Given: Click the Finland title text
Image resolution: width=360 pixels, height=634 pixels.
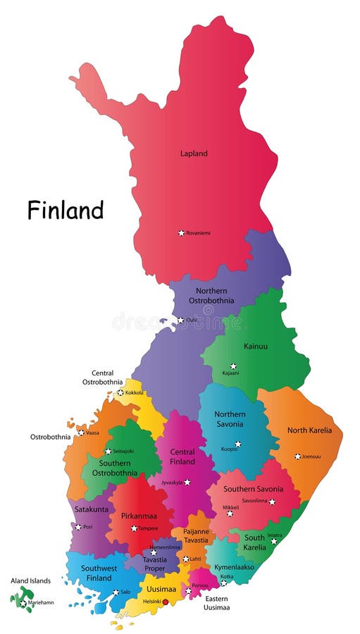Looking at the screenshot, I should coord(66,210).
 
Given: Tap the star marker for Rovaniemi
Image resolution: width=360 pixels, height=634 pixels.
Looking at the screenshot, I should coord(181,232).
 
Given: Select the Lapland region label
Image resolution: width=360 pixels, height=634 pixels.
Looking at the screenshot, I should coord(194,153).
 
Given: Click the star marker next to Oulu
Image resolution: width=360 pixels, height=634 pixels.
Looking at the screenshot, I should coord(180,320).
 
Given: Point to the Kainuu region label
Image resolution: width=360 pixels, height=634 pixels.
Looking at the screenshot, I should coord(255,347).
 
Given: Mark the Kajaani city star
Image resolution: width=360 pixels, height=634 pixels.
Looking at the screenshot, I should coord(234,366).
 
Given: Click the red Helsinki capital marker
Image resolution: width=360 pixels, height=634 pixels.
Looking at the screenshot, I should coord(166,602).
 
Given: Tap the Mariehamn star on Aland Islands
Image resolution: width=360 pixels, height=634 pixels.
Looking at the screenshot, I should coord(23,603).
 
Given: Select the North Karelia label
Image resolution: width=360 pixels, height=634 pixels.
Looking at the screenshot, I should coord(309,430).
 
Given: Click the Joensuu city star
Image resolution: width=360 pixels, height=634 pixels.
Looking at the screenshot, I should coord(297,456).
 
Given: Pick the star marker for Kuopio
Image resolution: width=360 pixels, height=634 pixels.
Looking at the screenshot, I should coord(238,444).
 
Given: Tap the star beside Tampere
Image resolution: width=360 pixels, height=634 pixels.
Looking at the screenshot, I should coord(134,528).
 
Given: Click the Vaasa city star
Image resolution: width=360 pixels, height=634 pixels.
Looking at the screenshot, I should coord(81,433).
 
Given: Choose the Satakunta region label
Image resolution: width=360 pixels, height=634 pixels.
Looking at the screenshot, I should coord(91,509).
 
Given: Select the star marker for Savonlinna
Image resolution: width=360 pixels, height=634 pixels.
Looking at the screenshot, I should coord(272,502).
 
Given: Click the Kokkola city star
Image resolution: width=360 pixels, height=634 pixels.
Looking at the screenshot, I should coord(120,392).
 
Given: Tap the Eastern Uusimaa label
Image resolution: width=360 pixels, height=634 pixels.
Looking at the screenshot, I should coord(216,603).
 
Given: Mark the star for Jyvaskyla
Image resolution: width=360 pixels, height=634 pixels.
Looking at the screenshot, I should coord(187,483).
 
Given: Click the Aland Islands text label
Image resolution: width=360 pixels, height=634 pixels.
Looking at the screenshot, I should coord(30,580).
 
